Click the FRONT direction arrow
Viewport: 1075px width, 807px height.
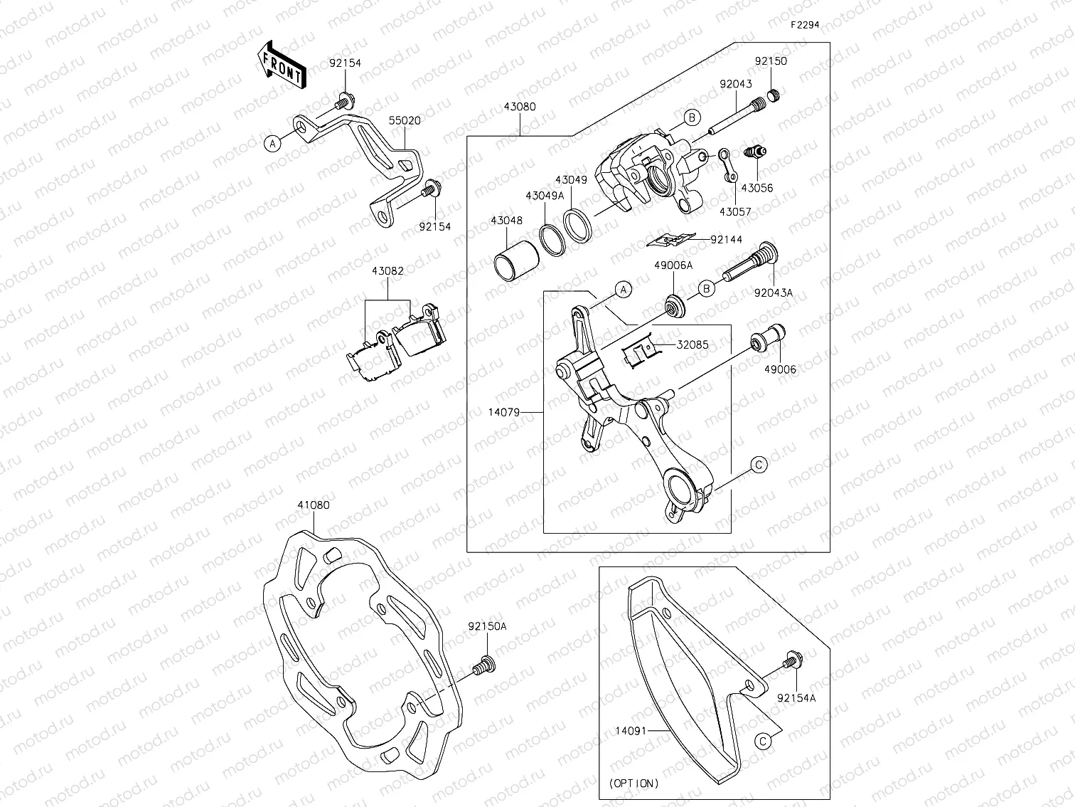coord(282,65)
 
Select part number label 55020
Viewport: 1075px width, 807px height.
coord(404,120)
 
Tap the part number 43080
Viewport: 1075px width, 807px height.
coord(520,107)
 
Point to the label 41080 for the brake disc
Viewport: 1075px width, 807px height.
coord(313,505)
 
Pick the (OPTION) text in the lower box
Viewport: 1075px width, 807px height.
coord(633,783)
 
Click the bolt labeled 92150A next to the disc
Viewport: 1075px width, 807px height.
coord(483,665)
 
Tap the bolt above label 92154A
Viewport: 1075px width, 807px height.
coord(790,662)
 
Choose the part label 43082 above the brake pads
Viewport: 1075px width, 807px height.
coord(387,271)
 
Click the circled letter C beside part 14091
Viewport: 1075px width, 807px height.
coord(762,741)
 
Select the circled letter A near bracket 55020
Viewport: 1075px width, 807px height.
coord(272,143)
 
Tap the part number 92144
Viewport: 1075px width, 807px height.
coord(726,240)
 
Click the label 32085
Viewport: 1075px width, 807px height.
coord(692,344)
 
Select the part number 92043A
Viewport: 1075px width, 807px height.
coord(774,292)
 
